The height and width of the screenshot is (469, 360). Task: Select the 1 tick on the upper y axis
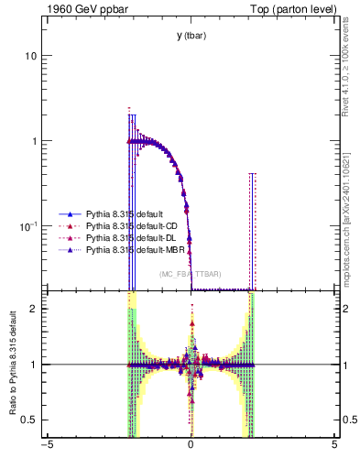pyautogui.click(x=33, y=141)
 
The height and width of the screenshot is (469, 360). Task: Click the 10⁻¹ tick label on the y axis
pyautogui.click(x=27, y=225)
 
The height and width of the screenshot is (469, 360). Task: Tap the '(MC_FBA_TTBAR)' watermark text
pyautogui.click(x=191, y=274)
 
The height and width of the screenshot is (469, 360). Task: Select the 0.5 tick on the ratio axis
pyautogui.click(x=29, y=420)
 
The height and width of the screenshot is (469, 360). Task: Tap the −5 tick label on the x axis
pyautogui.click(x=47, y=450)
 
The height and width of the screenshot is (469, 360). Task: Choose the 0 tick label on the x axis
pyautogui.click(x=191, y=450)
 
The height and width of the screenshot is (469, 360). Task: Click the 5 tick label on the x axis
pyautogui.click(x=334, y=450)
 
